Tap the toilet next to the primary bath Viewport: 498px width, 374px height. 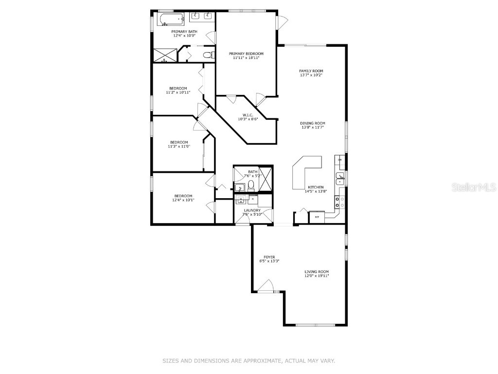point(208,55)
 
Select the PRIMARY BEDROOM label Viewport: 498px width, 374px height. point(246,54)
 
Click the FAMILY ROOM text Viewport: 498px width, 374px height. point(311,71)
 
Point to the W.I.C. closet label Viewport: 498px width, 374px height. point(248,115)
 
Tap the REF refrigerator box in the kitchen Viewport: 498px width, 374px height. point(317,217)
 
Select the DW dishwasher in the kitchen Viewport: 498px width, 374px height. point(340,160)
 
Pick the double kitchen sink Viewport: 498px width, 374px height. point(341,179)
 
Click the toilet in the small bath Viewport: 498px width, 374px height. point(251,185)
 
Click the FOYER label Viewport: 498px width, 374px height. point(269,257)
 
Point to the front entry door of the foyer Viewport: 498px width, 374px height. point(265,287)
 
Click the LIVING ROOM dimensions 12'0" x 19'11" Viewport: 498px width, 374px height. point(317,276)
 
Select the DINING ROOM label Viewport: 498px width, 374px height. point(312,123)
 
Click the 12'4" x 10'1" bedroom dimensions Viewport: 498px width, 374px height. point(183,200)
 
